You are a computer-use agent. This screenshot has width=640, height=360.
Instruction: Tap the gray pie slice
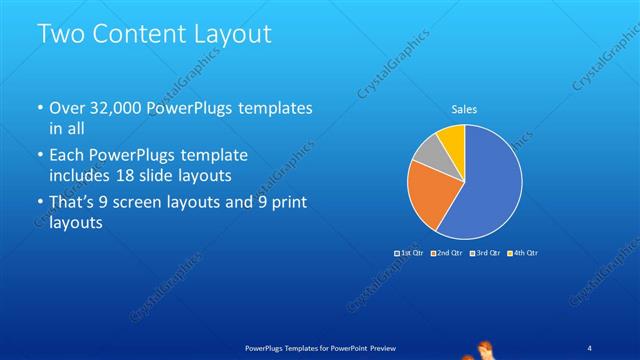tap(428, 153)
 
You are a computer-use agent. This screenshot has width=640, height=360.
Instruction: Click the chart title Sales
tap(464, 108)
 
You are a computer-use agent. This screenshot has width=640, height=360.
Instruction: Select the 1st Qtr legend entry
tap(410, 253)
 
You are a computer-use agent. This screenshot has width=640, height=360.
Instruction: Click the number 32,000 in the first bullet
tap(117, 108)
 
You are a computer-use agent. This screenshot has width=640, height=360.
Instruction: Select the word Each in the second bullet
tap(67, 156)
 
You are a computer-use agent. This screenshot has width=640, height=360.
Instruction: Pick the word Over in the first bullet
tap(68, 108)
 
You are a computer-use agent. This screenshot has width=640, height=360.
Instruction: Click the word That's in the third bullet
tap(72, 204)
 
